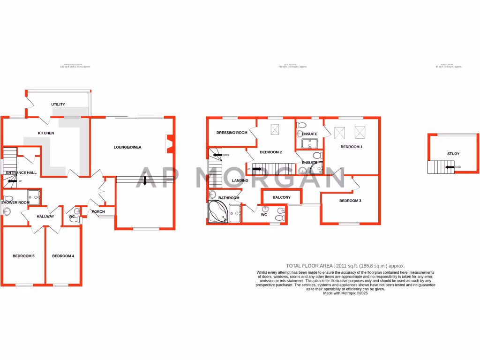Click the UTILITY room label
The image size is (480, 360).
coord(58,105)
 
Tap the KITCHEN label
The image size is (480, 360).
coord(46,133)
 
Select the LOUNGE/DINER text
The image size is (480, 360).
coord(127,147)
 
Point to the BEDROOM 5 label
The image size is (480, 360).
coord(24,256)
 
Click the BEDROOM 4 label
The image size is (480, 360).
coord(63,256)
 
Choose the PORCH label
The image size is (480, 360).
coord(98,212)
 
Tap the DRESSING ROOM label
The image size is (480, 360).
coord(232,133)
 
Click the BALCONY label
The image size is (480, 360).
coord(281,197)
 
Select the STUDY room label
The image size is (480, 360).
coord(453,154)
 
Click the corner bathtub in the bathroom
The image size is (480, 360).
coord(217,212)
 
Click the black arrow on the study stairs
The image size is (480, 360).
coord(450,167)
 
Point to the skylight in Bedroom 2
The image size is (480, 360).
coord(275,130)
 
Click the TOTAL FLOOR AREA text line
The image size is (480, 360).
coord(345,266)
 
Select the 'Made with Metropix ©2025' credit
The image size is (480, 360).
coord(345,293)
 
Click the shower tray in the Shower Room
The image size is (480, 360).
coord(34,196)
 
